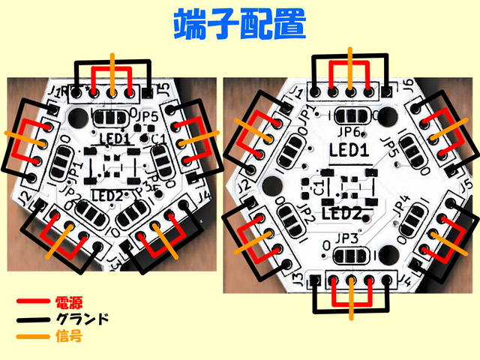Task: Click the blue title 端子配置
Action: [240, 25]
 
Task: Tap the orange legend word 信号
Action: [69, 337]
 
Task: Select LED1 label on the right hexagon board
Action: [349, 150]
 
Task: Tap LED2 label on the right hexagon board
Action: [342, 213]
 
